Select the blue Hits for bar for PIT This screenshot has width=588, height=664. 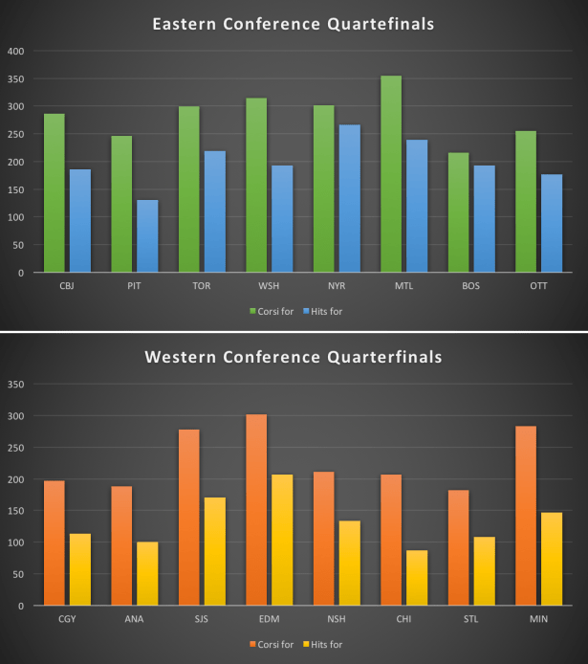[x=147, y=235]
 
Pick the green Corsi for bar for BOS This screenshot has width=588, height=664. [x=458, y=212]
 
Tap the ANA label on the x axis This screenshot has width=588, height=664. [x=135, y=618]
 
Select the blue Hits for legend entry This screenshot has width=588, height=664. [x=325, y=311]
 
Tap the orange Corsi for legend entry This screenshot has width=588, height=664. [x=272, y=644]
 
